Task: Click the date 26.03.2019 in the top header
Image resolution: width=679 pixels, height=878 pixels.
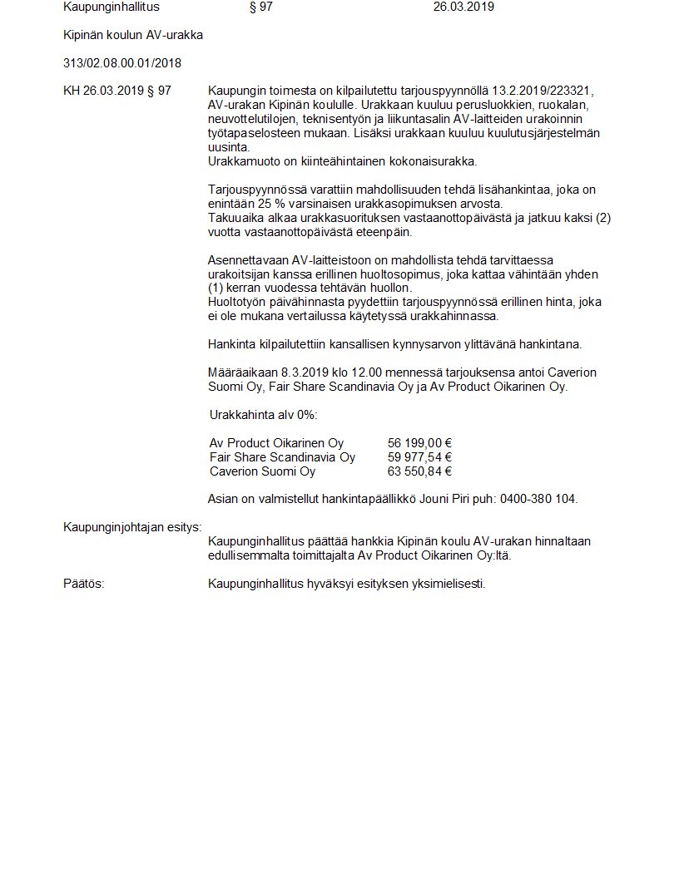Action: (463, 7)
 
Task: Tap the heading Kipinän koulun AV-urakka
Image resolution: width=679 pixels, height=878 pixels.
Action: (133, 35)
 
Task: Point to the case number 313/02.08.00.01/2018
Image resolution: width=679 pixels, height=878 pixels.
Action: (122, 63)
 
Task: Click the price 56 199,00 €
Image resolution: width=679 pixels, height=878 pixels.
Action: (419, 443)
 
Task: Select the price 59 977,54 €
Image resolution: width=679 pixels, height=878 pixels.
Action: (419, 457)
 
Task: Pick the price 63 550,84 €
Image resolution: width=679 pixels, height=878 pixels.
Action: (419, 471)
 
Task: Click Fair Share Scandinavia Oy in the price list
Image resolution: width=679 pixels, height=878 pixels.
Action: (282, 457)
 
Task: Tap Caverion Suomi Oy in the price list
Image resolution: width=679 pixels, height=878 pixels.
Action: (262, 471)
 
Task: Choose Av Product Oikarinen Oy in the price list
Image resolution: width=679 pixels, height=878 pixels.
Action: (276, 443)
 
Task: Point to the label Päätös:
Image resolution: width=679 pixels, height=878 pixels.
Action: (84, 584)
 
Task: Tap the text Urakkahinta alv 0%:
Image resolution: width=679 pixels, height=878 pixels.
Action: (263, 415)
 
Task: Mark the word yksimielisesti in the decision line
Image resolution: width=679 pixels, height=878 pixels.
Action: (449, 584)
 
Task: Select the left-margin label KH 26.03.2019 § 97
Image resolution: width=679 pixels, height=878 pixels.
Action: (117, 91)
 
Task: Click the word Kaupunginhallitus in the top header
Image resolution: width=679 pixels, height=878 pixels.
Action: (112, 7)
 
